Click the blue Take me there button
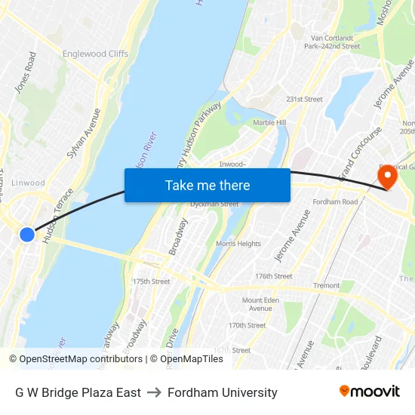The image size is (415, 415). [207, 185]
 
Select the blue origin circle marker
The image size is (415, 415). [27, 235]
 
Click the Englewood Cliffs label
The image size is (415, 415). [96, 54]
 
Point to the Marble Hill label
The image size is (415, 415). [269, 123]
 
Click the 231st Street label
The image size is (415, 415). [304, 100]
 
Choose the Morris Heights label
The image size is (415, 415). [238, 244]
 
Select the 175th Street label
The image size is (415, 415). [151, 281]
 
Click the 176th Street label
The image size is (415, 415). [273, 276]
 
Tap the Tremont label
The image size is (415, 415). [327, 286]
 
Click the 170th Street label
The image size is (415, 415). [247, 325]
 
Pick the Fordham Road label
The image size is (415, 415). [335, 202]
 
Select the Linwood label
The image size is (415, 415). [29, 183]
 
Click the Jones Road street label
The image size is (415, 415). [26, 72]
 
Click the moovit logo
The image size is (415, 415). [369, 391]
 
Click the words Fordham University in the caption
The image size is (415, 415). [223, 392]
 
